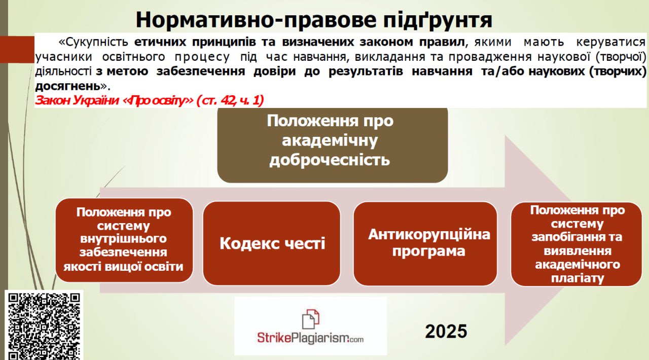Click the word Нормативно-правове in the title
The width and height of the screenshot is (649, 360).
[x=257, y=20]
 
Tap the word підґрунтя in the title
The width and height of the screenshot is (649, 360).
[x=438, y=20]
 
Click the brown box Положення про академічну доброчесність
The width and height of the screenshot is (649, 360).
[x=332, y=145]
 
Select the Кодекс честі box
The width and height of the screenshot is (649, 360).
[x=272, y=243]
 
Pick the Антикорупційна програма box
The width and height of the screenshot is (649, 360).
[x=425, y=243]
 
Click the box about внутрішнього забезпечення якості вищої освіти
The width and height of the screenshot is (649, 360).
[x=124, y=240]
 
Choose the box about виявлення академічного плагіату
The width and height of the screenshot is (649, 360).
[x=576, y=244]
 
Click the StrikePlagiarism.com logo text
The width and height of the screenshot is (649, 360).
[x=310, y=338]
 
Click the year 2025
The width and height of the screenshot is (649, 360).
[x=446, y=331]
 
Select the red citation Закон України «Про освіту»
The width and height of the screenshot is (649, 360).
[x=149, y=100]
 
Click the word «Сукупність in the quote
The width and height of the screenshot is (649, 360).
[x=93, y=42]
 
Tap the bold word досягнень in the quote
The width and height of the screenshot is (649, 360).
[x=68, y=86]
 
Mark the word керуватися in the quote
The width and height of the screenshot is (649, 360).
[x=611, y=42]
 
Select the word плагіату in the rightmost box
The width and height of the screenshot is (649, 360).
[x=577, y=278]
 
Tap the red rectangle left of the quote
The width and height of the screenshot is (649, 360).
[x=17, y=50]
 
